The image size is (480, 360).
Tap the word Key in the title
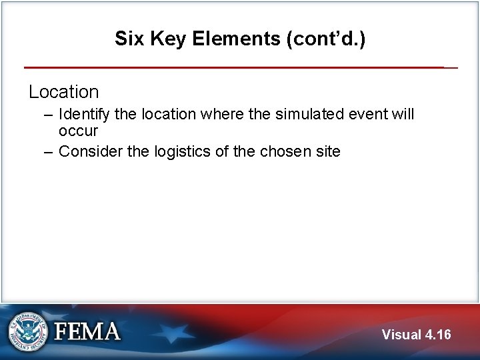point(165,39)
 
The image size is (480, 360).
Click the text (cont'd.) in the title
point(326,39)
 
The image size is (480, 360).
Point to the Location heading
point(63,91)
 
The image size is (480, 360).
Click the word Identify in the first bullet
point(83,115)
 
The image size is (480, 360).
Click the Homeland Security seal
point(27,331)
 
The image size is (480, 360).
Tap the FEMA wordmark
point(87,331)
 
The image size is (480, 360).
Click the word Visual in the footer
point(402,334)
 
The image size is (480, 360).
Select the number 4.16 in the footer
point(439,334)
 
